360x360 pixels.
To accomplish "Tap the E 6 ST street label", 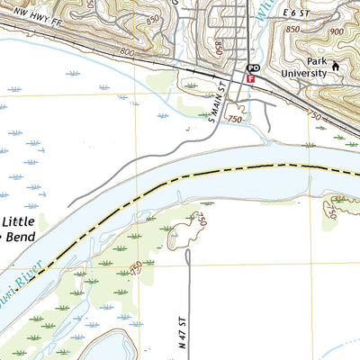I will point(295,13).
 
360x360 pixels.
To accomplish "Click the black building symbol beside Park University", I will point(336,65).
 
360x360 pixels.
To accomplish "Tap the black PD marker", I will point(254,68).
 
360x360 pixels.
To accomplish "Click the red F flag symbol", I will point(250,78).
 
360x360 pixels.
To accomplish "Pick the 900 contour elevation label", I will point(337,32).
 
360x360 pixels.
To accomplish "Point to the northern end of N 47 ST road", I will point(187,252).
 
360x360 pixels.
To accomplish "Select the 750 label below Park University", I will point(315,115).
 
